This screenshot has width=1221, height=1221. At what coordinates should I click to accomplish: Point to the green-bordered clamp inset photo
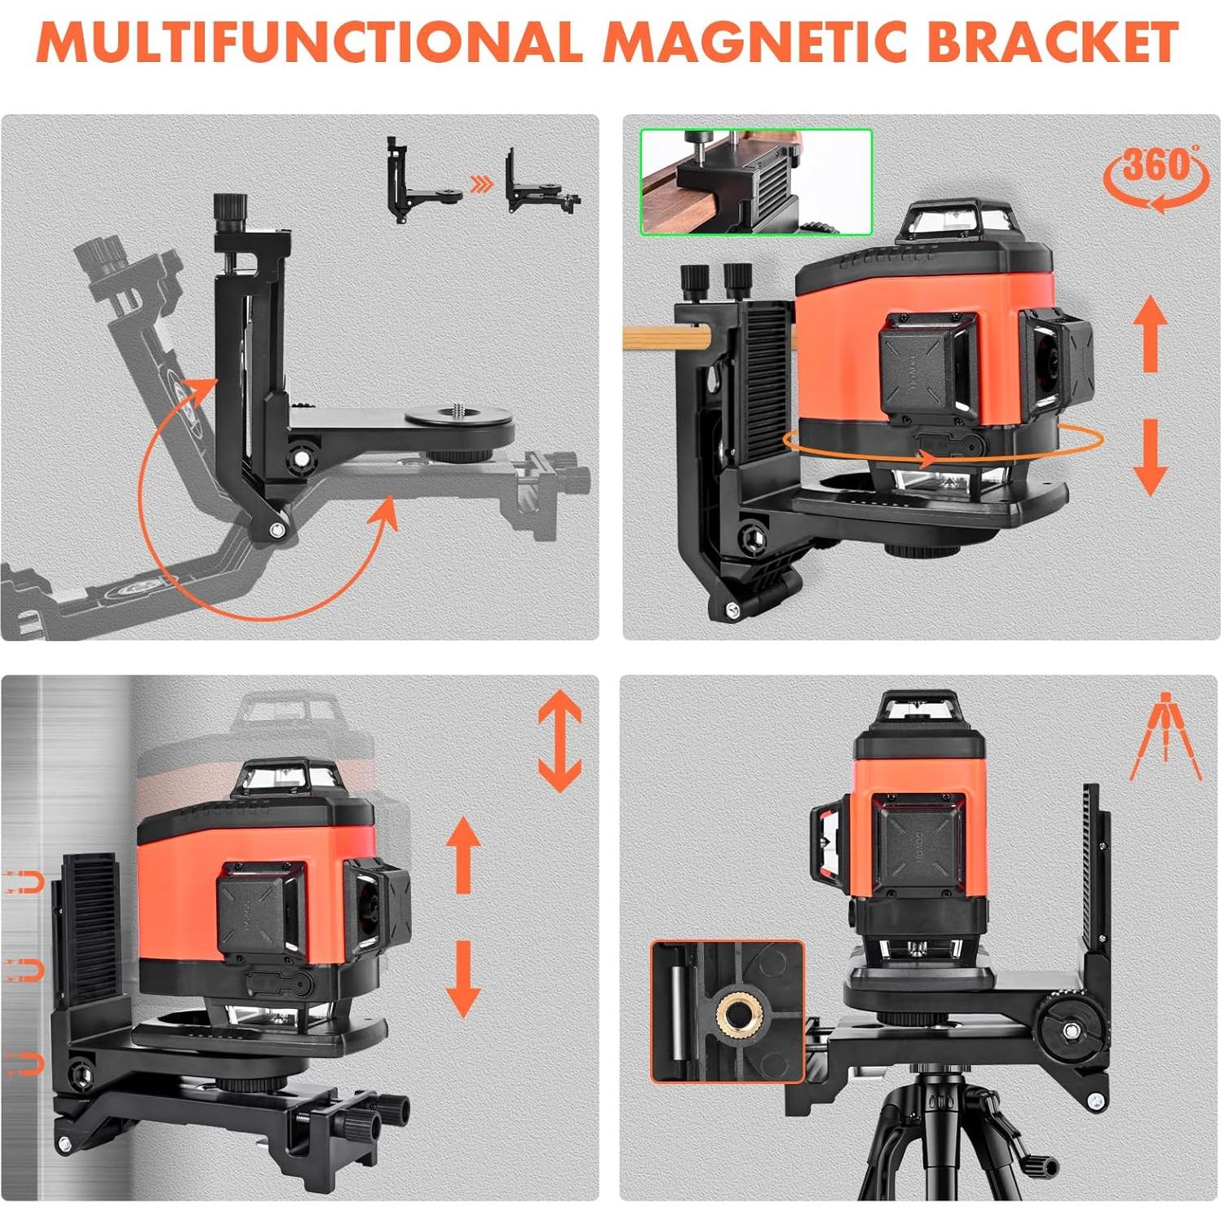756,181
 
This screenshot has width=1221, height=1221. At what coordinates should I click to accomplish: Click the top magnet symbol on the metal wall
24,882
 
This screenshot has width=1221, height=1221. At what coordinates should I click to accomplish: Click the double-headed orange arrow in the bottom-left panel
560,741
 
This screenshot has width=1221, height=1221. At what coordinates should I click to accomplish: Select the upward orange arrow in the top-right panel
1150,334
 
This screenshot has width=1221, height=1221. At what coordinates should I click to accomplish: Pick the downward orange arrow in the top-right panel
1150,457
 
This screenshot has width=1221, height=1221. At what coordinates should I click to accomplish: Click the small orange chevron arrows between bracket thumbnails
483,185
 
